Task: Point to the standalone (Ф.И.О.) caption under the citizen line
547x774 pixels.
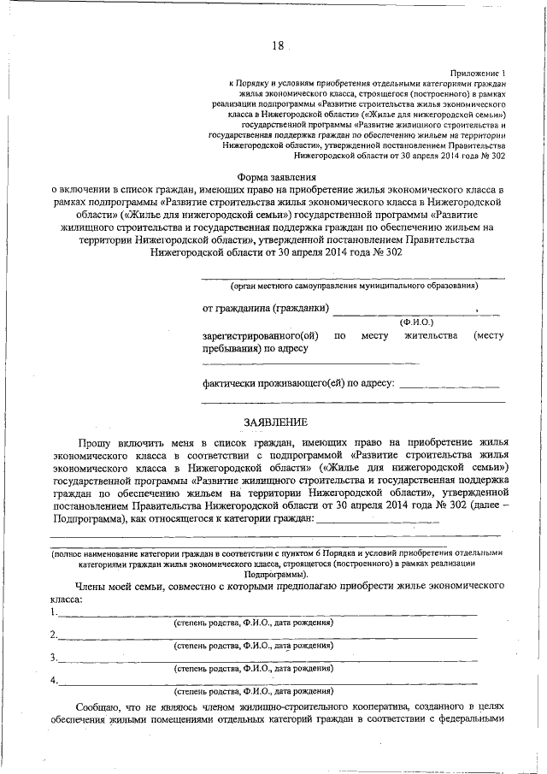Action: click(x=416, y=322)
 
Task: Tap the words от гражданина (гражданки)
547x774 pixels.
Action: click(x=264, y=308)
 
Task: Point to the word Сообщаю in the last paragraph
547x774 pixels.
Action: click(x=103, y=709)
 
